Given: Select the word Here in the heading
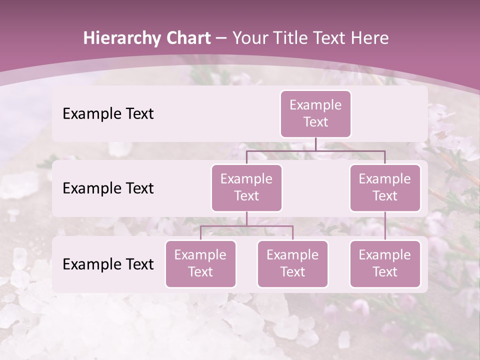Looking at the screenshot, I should click(x=370, y=38).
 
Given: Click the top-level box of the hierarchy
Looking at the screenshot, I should click(x=315, y=114).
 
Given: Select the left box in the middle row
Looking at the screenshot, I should click(x=246, y=187).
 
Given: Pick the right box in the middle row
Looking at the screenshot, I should click(x=385, y=187).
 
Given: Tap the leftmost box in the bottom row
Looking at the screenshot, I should click(x=200, y=263).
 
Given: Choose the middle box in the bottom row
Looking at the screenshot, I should click(x=292, y=263).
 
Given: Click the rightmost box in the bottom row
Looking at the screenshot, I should click(x=385, y=263).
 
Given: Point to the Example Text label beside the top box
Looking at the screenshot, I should click(x=108, y=114).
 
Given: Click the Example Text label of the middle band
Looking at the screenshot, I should click(x=108, y=188).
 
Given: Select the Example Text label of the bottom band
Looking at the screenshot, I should click(x=108, y=264).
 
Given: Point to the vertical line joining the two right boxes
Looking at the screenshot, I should click(x=385, y=226).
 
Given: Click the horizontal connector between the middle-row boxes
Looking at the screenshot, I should click(x=315, y=150).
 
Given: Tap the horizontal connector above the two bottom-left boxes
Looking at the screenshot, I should click(x=246, y=226).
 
